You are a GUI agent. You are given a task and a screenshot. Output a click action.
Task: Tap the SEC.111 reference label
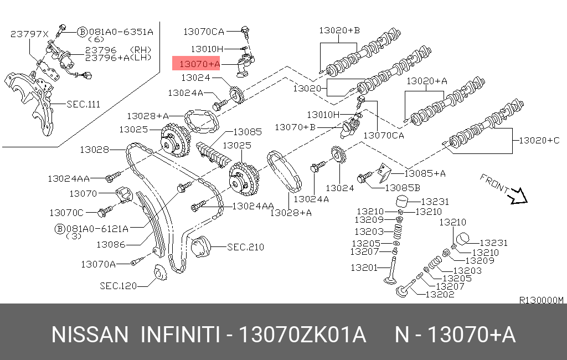(x=83, y=104)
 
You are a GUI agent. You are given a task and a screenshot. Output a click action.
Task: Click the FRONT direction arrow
(x=519, y=196)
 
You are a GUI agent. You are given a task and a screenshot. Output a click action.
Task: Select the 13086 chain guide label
(x=111, y=244)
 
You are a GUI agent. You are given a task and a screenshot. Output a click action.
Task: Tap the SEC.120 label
(x=118, y=286)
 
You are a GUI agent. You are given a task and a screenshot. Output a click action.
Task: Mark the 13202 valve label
(x=440, y=294)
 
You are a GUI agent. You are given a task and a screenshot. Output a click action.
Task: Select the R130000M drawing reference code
(x=540, y=300)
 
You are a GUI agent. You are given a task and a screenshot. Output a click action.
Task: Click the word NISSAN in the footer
(x=90, y=335)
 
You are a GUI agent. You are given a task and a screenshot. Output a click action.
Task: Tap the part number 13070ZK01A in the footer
(x=302, y=335)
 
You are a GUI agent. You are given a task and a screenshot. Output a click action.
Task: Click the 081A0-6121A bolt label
(x=97, y=228)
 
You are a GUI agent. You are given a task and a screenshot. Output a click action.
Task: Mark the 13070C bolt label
(x=66, y=213)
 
